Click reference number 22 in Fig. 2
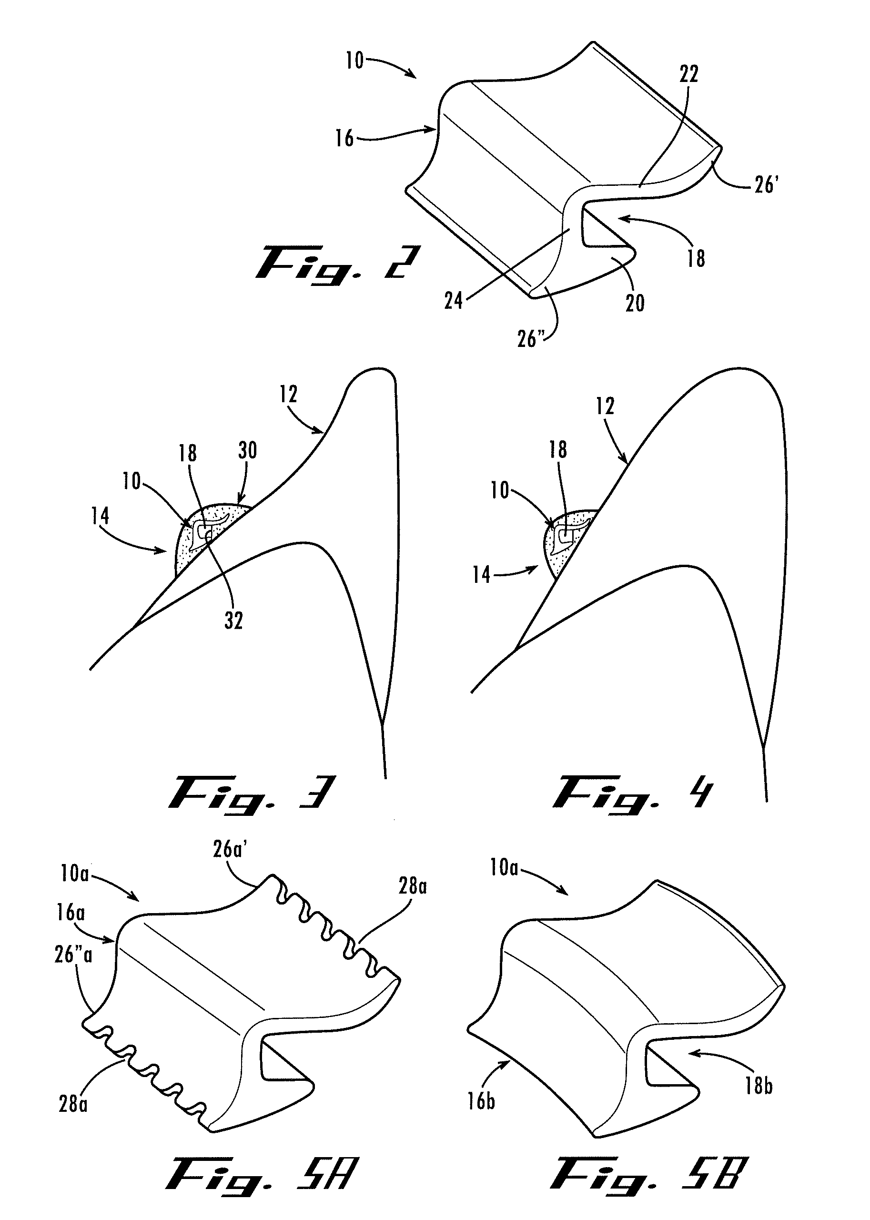(689, 74)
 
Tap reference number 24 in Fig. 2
(453, 301)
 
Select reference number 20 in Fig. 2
(635, 304)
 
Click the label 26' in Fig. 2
(766, 185)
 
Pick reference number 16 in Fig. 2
(344, 138)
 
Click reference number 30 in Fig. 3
(247, 451)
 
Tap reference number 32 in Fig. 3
(233, 620)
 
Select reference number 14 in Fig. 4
(481, 575)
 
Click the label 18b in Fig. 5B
(759, 1086)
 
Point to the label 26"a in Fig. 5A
(73, 955)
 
